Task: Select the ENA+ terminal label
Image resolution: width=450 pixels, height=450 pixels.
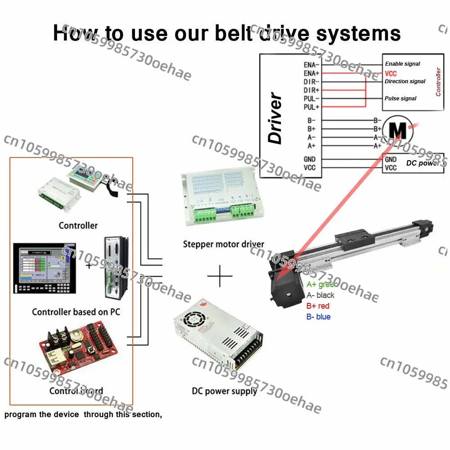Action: tap(311, 73)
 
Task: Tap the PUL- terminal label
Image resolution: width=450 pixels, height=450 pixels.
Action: tap(311, 98)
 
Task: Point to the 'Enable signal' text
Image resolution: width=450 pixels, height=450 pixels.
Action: tap(402, 64)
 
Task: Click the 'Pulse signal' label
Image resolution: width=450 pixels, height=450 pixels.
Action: tap(400, 99)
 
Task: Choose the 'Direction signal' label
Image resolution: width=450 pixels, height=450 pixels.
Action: tap(405, 81)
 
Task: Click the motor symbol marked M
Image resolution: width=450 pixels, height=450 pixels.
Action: tap(397, 130)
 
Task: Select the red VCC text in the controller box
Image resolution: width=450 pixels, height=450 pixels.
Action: tap(390, 73)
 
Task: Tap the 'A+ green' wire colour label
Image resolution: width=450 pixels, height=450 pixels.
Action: tap(321, 284)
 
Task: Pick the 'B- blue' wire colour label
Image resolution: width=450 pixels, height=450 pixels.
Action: tap(318, 317)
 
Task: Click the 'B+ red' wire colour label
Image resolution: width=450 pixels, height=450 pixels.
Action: tap(318, 306)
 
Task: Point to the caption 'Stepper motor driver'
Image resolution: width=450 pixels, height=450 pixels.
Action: tap(223, 244)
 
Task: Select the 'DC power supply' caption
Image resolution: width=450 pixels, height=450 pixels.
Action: tap(224, 391)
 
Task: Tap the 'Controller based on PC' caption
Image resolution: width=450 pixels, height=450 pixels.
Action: tap(76, 311)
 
